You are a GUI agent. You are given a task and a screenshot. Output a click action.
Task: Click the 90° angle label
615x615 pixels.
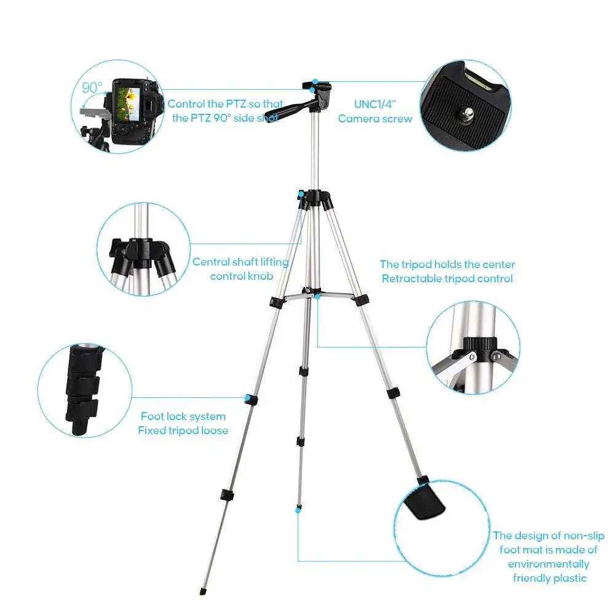click(x=92, y=87)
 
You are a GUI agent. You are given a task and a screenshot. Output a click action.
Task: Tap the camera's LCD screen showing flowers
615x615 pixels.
click(x=129, y=104)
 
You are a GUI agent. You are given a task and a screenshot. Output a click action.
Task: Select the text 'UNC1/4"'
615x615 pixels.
click(x=375, y=105)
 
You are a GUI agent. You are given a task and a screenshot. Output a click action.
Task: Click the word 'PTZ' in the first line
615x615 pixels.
click(x=236, y=104)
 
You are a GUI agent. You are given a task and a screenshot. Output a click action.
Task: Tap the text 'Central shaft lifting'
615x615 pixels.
click(x=240, y=262)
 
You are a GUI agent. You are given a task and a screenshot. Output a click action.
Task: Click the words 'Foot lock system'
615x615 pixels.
click(x=183, y=416)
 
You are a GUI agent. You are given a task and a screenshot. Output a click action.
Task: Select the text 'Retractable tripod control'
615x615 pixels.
click(x=447, y=279)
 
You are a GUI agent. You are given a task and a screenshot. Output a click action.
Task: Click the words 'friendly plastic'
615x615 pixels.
click(x=549, y=577)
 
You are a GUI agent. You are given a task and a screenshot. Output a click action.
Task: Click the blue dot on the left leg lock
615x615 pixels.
click(x=248, y=399)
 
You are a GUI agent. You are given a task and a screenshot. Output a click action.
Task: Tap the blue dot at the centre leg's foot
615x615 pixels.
click(x=298, y=510)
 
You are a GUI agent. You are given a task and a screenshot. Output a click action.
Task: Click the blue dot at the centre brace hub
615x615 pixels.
click(x=317, y=297)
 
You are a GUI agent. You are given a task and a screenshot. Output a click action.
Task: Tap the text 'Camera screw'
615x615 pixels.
click(x=375, y=119)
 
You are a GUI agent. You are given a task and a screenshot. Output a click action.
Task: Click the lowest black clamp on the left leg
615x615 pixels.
click(x=227, y=495)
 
